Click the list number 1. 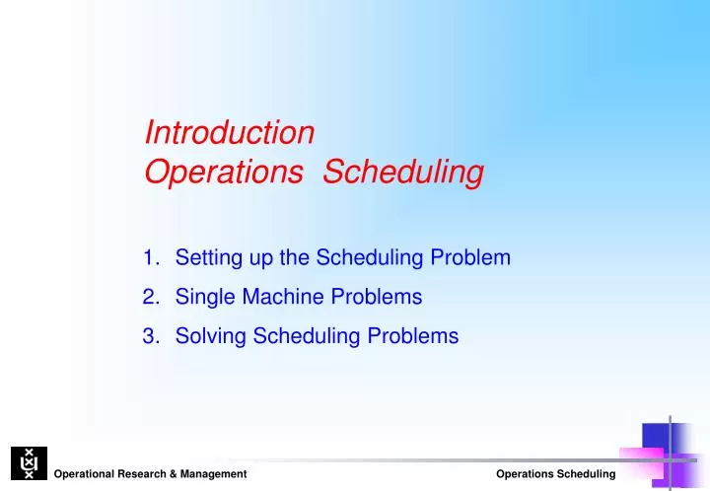click(x=150, y=258)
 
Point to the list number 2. click(x=150, y=297)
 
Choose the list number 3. click(x=150, y=335)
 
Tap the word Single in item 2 click(x=203, y=297)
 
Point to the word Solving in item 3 click(x=211, y=335)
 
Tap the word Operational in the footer click(x=86, y=475)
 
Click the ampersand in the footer click(x=184, y=475)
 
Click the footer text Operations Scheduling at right click(x=555, y=475)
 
